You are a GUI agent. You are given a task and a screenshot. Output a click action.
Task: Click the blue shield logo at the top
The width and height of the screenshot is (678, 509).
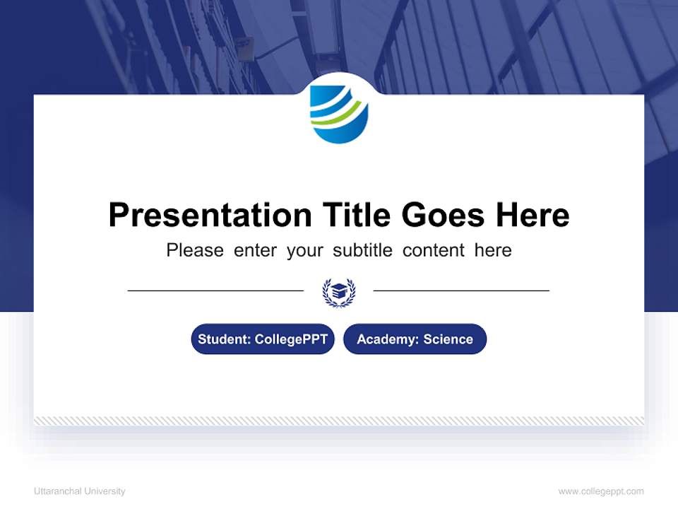pos(339,112)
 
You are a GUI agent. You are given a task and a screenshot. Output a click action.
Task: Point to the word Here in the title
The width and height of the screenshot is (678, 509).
pos(531,215)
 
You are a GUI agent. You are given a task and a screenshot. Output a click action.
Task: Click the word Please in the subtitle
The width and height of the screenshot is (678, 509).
pos(195,250)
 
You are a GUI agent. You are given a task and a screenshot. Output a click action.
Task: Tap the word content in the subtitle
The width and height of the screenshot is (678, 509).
pos(434,250)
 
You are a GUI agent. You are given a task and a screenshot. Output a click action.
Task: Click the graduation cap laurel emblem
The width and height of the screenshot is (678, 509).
pos(339,291)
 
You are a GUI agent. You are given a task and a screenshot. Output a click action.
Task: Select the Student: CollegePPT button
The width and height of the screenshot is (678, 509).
pos(263,339)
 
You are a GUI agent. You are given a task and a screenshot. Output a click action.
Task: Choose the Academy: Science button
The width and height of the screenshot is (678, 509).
pos(415,339)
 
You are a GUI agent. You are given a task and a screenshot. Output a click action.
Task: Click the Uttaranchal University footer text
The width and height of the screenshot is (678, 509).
pos(79,491)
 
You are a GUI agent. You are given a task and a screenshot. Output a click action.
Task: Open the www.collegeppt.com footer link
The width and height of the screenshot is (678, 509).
pos(601,491)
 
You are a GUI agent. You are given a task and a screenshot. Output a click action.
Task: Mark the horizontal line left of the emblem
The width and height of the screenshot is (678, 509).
pos(215,291)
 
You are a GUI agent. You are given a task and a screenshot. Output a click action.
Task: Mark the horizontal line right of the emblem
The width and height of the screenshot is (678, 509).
pos(461,291)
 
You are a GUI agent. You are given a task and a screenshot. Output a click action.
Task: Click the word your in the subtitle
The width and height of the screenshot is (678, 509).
pos(305,250)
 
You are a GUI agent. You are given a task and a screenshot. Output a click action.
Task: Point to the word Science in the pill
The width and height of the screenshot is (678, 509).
pos(448,339)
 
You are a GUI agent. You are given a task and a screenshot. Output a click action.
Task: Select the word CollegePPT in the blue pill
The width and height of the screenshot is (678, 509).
pos(291,339)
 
